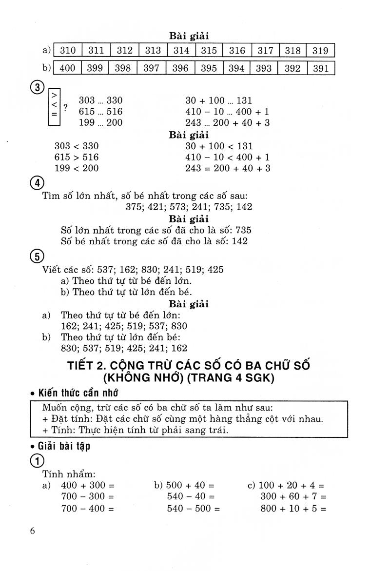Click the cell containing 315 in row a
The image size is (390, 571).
209,50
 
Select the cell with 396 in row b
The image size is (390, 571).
180,68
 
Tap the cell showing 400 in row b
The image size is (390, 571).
67,68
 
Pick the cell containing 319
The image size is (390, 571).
321,50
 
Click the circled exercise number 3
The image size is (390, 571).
38,88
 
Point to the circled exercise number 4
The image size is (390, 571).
38,183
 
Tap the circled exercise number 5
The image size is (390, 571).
38,256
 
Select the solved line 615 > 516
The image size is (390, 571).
77,157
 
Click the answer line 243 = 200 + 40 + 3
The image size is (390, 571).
228,168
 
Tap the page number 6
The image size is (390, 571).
33,531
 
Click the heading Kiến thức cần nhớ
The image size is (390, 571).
78,393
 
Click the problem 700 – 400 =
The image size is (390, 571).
88,508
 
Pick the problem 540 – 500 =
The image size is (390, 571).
193,508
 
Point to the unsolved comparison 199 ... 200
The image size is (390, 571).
101,122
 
